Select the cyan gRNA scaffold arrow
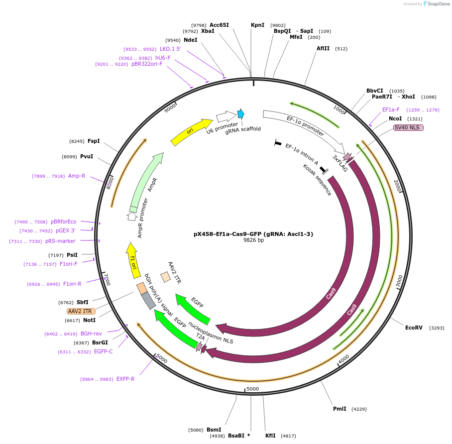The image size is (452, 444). pos(241,114)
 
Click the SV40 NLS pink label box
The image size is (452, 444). pos(408,128)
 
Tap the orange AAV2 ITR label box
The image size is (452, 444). pos(81,311)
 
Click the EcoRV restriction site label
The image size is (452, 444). pos(414,328)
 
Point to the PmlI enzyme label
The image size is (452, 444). pos(339,409)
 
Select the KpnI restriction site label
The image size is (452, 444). pos(257,25)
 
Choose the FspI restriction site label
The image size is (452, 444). pos(94,141)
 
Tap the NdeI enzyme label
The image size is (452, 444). pos(190,40)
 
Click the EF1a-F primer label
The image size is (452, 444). pos(391,110)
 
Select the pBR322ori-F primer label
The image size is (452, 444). pos(147,64)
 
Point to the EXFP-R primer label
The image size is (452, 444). pos(125,379)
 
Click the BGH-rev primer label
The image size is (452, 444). pos(91,333)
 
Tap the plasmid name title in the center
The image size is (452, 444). pos(253,233)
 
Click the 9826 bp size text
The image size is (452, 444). pos(253,240)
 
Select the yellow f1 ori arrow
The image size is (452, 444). pos(133,260)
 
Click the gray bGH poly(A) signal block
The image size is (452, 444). pos(148,300)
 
